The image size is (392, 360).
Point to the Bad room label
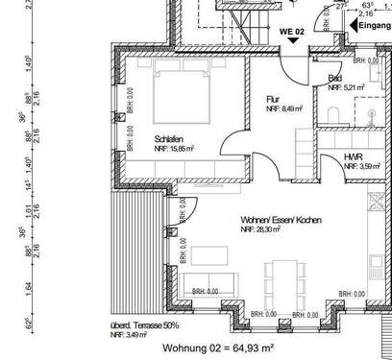(335, 79)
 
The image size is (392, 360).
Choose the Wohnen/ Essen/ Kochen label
(282, 221)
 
